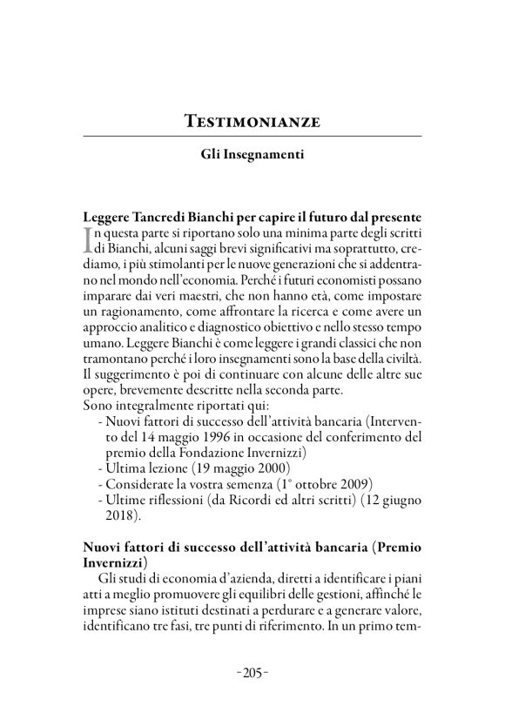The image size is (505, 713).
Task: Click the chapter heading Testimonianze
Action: [x=252, y=121]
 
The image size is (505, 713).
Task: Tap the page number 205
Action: [x=252, y=671]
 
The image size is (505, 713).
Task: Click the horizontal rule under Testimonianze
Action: [x=252, y=137]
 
